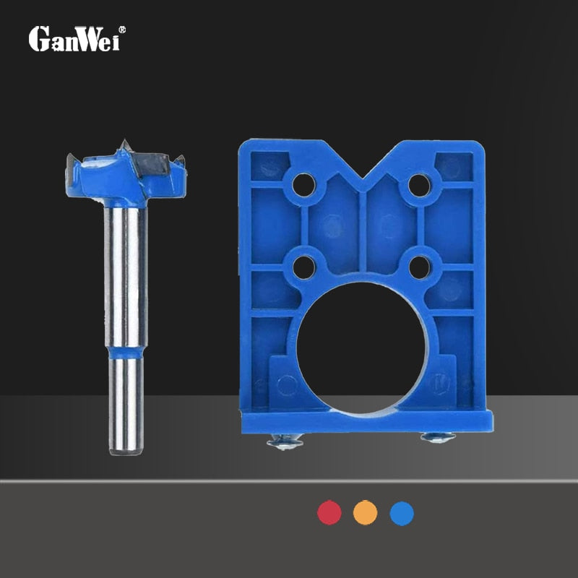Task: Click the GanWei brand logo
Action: (x=77, y=39)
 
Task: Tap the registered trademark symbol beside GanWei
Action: (x=122, y=30)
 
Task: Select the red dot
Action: (x=329, y=512)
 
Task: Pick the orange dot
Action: (x=366, y=512)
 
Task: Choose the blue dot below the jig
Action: (x=402, y=513)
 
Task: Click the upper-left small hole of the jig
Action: (x=303, y=185)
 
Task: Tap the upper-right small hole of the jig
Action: (x=420, y=185)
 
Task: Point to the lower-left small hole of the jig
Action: (x=304, y=267)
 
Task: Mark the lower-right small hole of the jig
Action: (x=420, y=267)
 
